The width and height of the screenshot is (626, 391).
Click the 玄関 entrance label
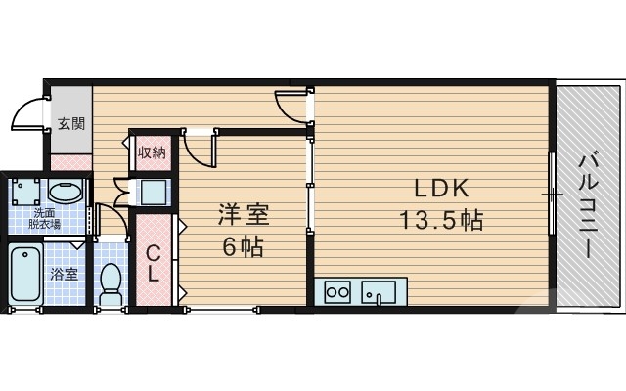(70, 124)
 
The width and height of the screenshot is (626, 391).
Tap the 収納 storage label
(151, 152)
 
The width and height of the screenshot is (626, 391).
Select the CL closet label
(154, 263)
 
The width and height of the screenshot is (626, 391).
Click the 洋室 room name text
(242, 215)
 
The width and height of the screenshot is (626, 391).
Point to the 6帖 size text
(242, 247)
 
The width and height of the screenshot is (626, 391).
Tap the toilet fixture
(111, 280)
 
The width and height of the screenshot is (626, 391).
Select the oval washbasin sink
(66, 192)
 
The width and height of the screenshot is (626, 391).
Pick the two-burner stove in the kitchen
(338, 292)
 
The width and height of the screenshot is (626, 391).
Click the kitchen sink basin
(378, 292)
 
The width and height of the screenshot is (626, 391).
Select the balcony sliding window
(553, 195)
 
